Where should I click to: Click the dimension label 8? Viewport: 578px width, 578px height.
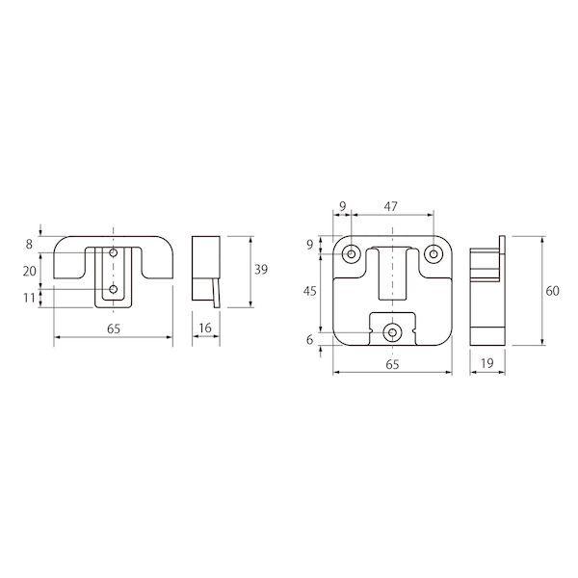29,245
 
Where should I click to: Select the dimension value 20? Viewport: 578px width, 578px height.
30,272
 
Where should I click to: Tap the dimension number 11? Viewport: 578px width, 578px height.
29,298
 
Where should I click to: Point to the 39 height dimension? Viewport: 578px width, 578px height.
261,270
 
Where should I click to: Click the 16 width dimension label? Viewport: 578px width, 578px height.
205,328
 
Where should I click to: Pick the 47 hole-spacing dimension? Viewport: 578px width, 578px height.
391,206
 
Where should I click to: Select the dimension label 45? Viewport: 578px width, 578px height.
309,291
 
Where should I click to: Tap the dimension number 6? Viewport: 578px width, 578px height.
309,339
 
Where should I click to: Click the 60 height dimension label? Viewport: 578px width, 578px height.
552,291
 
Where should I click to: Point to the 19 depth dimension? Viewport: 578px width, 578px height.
486,363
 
